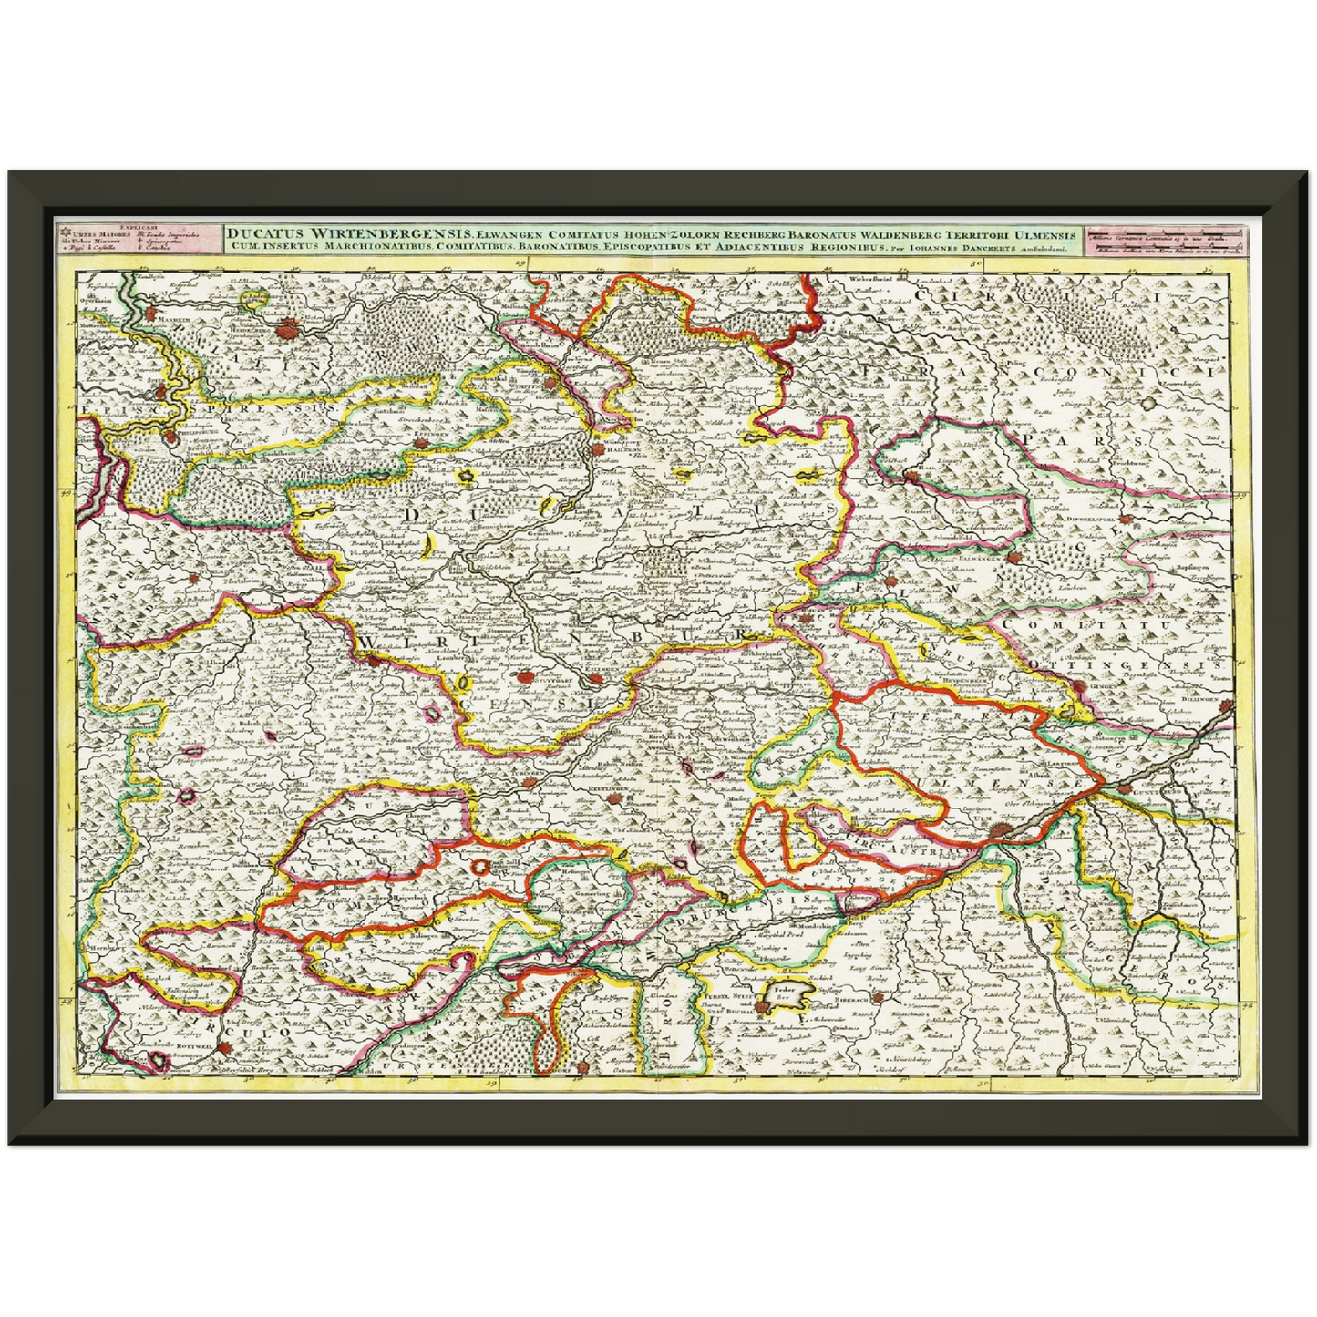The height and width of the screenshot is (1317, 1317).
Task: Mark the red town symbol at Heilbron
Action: tap(597, 448)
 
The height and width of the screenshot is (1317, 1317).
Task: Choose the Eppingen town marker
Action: tap(421, 443)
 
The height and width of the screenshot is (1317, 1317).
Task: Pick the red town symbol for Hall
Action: tap(912, 477)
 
